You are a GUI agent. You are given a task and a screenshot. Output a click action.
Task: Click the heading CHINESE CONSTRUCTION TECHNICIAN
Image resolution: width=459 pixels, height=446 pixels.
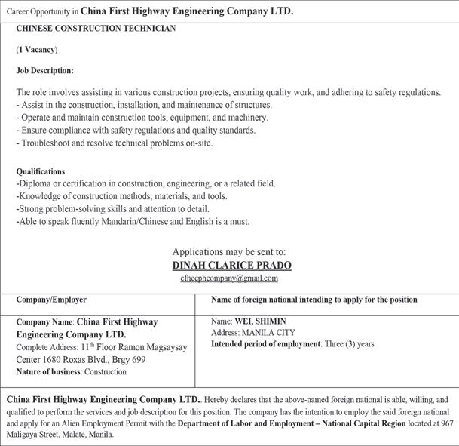pos(96,29)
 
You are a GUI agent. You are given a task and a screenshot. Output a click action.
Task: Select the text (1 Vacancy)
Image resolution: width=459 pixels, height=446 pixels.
pos(37,49)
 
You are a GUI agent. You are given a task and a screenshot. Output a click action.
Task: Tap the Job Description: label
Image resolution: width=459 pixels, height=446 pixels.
pos(44,70)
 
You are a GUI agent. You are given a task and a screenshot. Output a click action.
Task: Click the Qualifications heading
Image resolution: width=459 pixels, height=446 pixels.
pos(41,171)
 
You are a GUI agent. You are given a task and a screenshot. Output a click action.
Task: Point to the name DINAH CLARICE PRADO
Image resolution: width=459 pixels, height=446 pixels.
pos(231,265)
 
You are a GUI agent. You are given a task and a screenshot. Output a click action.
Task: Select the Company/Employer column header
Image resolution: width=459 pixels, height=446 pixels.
pos(51,300)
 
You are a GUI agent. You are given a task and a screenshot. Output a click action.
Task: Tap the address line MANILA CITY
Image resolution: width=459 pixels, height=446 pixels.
pos(268,332)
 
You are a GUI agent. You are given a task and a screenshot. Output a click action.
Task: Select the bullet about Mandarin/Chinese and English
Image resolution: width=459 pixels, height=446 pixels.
pos(133,222)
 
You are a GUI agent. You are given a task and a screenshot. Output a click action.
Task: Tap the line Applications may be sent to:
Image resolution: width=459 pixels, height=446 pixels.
pos(229,251)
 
